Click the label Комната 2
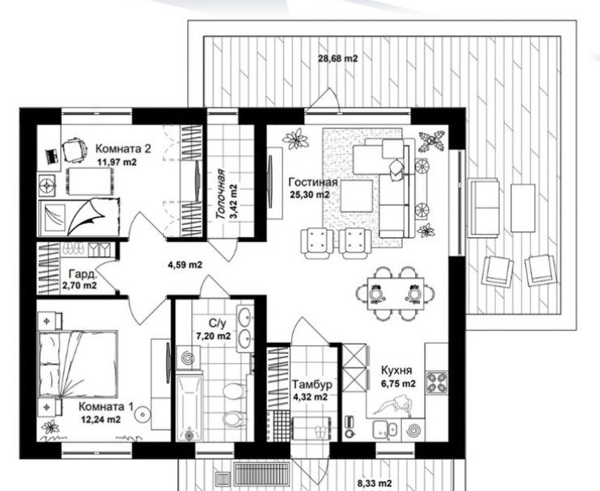point(123,148)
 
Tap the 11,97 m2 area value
point(117,162)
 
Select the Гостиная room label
point(313,182)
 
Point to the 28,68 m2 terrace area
point(338,58)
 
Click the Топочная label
point(221,194)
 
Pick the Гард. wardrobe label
point(82,274)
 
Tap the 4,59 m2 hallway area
point(186,264)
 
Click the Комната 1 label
point(106,406)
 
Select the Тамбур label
point(312,384)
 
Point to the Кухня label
point(397,370)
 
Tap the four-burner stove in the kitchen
point(437,382)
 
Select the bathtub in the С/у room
point(190,408)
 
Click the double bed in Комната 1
point(78,364)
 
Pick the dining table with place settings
point(396,293)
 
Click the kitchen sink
point(386,429)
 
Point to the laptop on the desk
point(52,156)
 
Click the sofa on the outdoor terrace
point(484,207)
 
